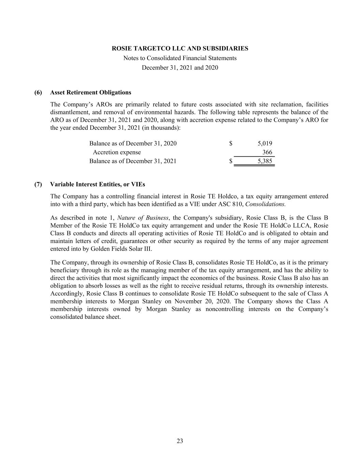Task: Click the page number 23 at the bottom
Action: point(180,441)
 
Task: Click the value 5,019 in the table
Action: point(265,143)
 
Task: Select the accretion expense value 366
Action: point(267,152)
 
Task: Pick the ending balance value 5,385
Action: point(265,161)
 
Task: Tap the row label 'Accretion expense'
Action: point(117,152)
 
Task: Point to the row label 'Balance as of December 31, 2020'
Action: point(133,143)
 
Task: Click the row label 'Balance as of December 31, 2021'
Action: point(133,161)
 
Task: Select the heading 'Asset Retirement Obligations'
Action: point(90,93)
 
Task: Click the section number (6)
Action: point(38,93)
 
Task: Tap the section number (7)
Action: point(38,184)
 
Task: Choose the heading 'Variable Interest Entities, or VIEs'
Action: point(97,184)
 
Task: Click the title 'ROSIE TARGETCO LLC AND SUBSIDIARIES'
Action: point(180,48)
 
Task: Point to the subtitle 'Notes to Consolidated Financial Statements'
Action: point(180,58)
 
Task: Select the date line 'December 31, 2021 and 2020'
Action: point(180,68)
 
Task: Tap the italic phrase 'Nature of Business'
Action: point(143,218)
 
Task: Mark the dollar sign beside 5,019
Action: point(231,143)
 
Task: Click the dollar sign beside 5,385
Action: point(231,161)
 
